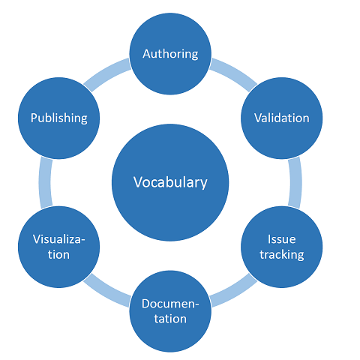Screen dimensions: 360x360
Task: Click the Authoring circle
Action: [x=170, y=54]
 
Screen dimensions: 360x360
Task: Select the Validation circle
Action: [x=282, y=118]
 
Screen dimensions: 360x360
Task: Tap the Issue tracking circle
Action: [x=282, y=247]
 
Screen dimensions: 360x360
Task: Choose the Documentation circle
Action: [x=170, y=311]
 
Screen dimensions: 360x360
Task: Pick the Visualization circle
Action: [x=58, y=247]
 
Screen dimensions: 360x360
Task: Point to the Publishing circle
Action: [x=58, y=118]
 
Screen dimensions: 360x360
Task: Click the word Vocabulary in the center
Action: [x=170, y=182]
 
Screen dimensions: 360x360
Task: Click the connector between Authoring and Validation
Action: [x=233, y=73]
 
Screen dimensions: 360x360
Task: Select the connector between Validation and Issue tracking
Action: [x=295, y=182]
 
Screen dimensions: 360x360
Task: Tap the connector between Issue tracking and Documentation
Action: [x=233, y=292]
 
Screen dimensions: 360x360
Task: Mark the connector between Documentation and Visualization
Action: [x=107, y=292]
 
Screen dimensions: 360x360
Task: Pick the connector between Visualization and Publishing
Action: [x=45, y=182]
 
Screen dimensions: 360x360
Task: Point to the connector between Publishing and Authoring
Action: [x=107, y=73]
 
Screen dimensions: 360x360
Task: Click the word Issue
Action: [x=282, y=239]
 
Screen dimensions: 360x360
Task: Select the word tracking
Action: [x=282, y=255]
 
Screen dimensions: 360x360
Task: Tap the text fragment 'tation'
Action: [x=170, y=319]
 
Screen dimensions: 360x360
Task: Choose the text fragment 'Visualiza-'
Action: [x=59, y=239]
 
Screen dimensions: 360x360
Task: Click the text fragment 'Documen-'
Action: [x=170, y=304]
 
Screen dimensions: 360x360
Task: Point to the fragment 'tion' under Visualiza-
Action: [x=58, y=254]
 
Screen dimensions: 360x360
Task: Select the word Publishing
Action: [x=59, y=118]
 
